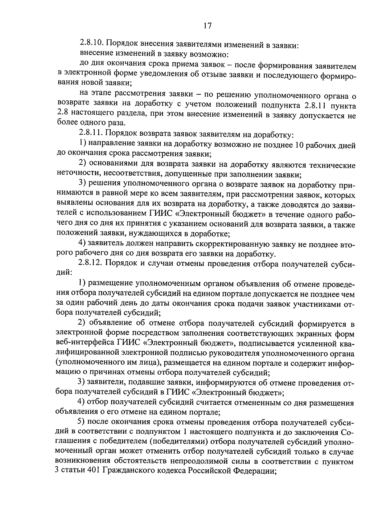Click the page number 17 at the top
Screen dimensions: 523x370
click(x=207, y=26)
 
